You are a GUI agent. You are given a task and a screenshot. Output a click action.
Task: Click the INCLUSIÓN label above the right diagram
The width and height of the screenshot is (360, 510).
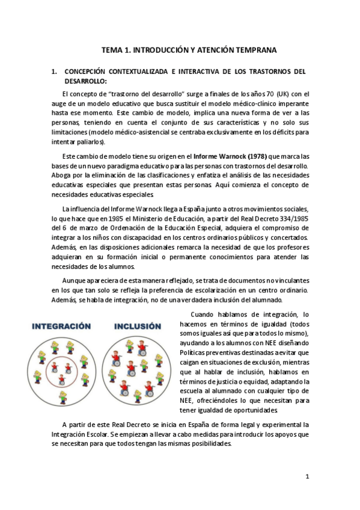click(137, 327)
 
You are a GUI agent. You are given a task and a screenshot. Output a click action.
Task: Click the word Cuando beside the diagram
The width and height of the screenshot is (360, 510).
click(202, 315)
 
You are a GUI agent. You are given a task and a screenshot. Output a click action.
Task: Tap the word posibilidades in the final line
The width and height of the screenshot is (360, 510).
click(208, 443)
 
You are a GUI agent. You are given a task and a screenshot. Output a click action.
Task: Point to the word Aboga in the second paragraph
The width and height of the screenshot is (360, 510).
click(62, 175)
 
